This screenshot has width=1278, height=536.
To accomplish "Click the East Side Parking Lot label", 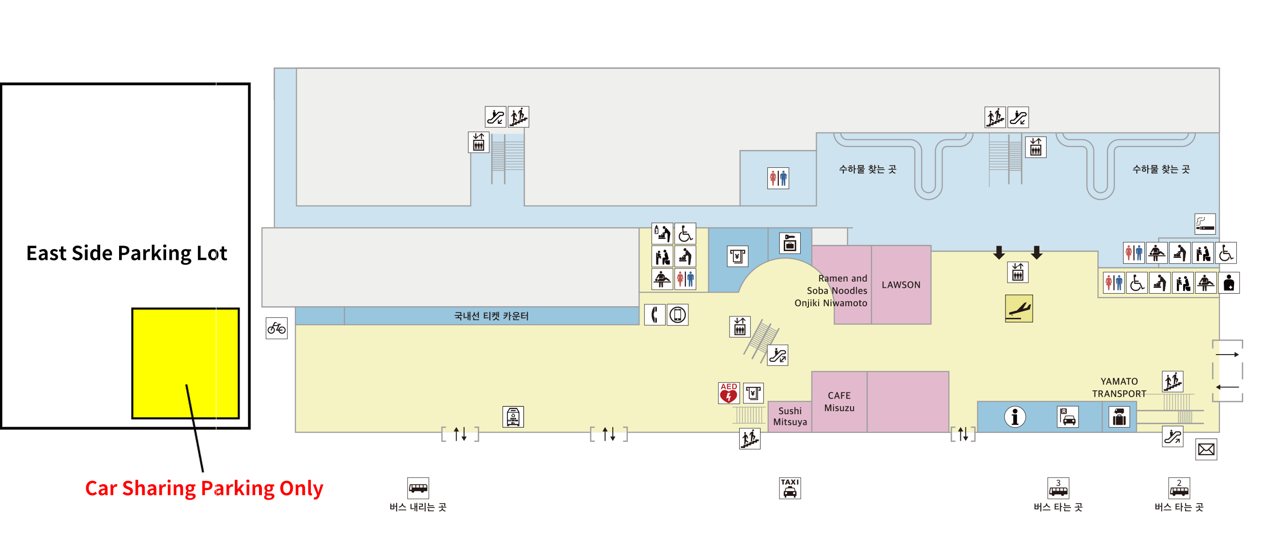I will (x=126, y=253).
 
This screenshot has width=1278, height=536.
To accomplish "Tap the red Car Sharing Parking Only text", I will (x=204, y=489).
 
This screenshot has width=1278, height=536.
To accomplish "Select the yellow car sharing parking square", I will (x=185, y=363).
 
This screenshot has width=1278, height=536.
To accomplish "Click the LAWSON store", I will (x=900, y=284).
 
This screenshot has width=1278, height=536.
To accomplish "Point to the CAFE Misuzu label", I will (x=839, y=402).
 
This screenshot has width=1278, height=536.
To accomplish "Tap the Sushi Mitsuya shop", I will (x=790, y=417).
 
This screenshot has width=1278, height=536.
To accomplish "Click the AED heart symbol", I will (x=728, y=393).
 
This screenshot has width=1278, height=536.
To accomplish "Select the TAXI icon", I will (x=790, y=488).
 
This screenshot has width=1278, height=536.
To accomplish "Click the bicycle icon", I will (x=276, y=328).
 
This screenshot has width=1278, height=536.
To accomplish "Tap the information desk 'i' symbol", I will (x=1015, y=417).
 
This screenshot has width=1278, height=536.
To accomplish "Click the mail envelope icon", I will (x=1205, y=449).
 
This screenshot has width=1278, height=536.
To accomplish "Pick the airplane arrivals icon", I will (x=1019, y=309).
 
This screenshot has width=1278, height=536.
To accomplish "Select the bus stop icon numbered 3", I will (x=1058, y=488).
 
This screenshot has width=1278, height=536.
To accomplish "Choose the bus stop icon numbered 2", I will (x=1179, y=488).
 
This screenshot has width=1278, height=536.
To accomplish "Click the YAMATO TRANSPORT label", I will (x=1119, y=387).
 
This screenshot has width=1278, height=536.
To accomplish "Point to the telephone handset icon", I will (x=654, y=315).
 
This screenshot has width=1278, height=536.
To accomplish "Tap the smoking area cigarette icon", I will (x=1204, y=223).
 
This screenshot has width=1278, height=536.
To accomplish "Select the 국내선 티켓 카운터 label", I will (x=491, y=316).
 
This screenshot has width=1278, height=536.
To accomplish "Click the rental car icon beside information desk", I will (x=1067, y=417).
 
